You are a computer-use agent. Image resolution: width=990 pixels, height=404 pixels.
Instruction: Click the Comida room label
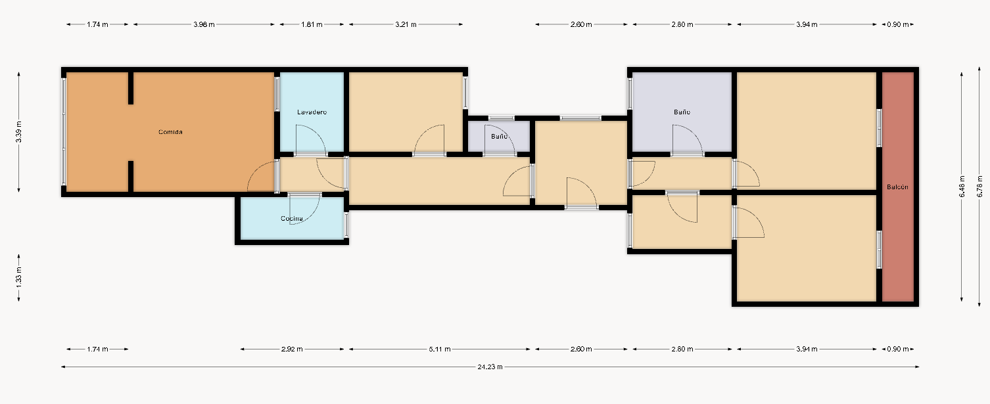click(x=170, y=132)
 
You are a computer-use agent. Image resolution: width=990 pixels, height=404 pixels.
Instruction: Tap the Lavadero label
click(x=312, y=112)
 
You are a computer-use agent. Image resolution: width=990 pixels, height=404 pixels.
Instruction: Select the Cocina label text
click(x=292, y=219)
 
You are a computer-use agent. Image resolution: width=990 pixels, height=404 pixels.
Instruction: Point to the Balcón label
click(x=897, y=187)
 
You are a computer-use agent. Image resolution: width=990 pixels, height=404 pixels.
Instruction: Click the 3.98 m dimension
click(x=204, y=24)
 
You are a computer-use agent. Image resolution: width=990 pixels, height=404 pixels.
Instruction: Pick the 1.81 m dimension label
click(x=312, y=24)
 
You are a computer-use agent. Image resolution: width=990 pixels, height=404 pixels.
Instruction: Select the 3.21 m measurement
click(x=406, y=24)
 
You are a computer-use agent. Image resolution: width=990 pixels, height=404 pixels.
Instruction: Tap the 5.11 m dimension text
click(x=440, y=349)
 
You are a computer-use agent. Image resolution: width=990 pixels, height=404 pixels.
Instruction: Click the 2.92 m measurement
click(x=292, y=349)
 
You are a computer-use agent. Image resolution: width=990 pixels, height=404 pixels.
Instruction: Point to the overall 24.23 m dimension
click(x=490, y=367)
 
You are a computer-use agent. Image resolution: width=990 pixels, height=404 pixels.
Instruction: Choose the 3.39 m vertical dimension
click(x=18, y=132)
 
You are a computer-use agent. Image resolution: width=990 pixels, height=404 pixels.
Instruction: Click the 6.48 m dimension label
click(x=962, y=187)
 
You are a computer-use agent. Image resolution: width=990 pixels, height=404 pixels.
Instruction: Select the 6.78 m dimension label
click(x=979, y=187)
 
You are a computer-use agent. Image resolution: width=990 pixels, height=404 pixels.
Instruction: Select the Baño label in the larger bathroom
click(x=682, y=112)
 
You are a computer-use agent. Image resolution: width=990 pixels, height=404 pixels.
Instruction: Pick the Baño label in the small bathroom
click(x=499, y=137)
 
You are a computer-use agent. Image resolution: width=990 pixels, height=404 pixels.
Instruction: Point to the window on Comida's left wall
click(x=64, y=131)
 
